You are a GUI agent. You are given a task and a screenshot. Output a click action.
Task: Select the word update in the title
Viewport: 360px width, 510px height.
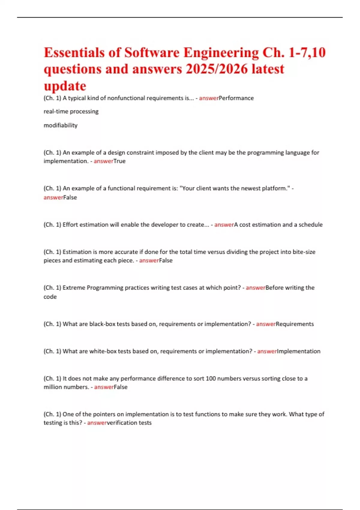[65, 86]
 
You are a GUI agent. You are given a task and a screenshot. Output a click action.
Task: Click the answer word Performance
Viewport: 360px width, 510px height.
[236, 98]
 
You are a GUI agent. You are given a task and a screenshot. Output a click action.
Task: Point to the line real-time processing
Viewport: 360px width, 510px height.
[71, 112]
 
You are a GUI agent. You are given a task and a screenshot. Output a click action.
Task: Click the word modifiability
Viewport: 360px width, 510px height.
[61, 125]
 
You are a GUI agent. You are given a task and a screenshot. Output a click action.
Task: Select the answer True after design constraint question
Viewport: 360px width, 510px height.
[119, 161]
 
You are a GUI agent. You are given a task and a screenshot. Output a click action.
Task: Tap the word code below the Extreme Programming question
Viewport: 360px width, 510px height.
[50, 297]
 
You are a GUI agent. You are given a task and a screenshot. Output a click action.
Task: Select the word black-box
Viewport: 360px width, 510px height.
[102, 324]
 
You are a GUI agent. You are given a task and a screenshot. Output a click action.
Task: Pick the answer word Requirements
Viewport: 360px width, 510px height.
[295, 324]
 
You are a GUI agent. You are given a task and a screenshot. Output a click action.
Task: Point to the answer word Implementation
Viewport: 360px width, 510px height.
[298, 351]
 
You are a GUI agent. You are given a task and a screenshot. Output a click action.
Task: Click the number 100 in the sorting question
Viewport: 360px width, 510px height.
[211, 379]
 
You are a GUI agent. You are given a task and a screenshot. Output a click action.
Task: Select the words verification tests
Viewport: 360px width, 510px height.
[129, 423]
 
